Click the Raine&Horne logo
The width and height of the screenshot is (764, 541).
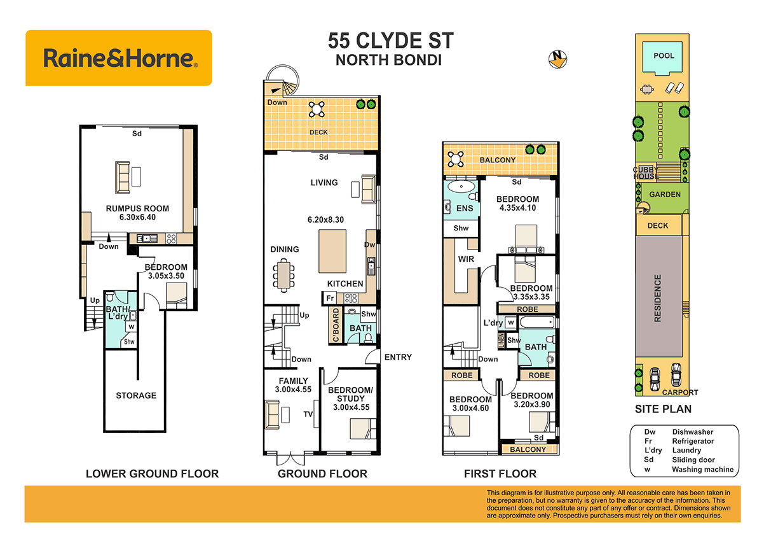(119, 59)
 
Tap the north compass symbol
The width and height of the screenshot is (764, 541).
(557, 59)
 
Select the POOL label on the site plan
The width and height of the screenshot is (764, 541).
(664, 55)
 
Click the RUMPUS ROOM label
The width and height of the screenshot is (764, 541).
(137, 208)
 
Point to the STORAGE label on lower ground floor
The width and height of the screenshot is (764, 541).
(136, 395)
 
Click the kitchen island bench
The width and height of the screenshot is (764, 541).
(332, 251)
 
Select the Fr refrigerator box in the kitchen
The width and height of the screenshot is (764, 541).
(330, 298)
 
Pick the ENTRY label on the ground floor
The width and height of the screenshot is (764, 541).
(398, 357)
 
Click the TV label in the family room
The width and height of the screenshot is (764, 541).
(308, 414)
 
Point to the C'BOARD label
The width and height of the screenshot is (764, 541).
(335, 326)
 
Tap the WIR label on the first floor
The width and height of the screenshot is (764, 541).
(466, 260)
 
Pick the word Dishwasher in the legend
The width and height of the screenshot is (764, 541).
(693, 432)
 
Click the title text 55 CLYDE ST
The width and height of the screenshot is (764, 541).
(391, 41)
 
